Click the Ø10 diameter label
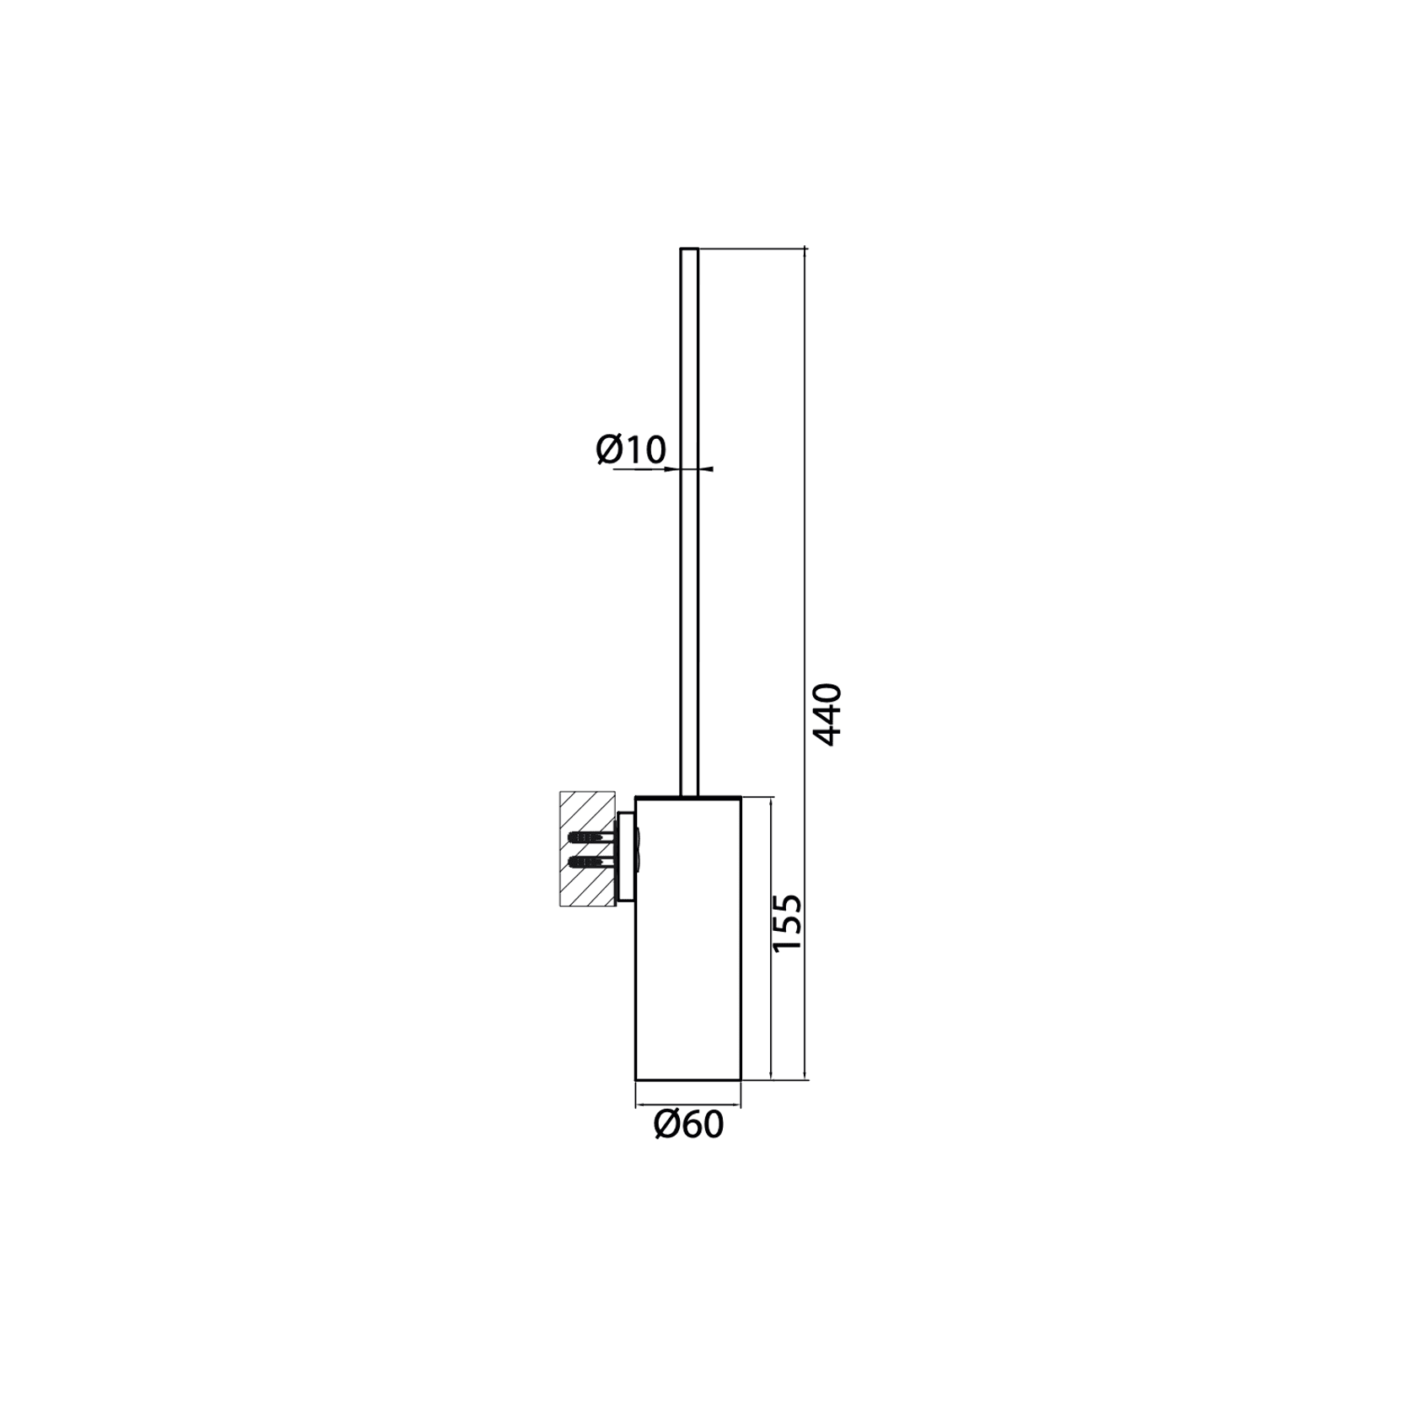pos(631,449)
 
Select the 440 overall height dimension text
pos(827,714)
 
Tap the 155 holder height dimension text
pos(789,923)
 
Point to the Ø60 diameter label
pos(688,1125)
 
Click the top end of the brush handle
pos(689,250)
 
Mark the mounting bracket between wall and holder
pos(626,855)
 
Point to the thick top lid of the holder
pos(687,797)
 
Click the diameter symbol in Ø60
pos(667,1125)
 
